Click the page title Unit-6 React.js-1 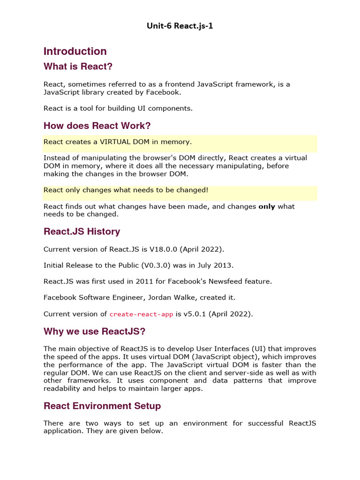180,25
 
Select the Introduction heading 75,51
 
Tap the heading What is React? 78,67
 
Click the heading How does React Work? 97,126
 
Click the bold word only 267,206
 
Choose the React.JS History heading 82,232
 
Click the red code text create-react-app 141,315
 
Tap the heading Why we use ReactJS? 94,332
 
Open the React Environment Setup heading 102,406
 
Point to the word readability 63,388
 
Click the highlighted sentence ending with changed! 126,190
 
